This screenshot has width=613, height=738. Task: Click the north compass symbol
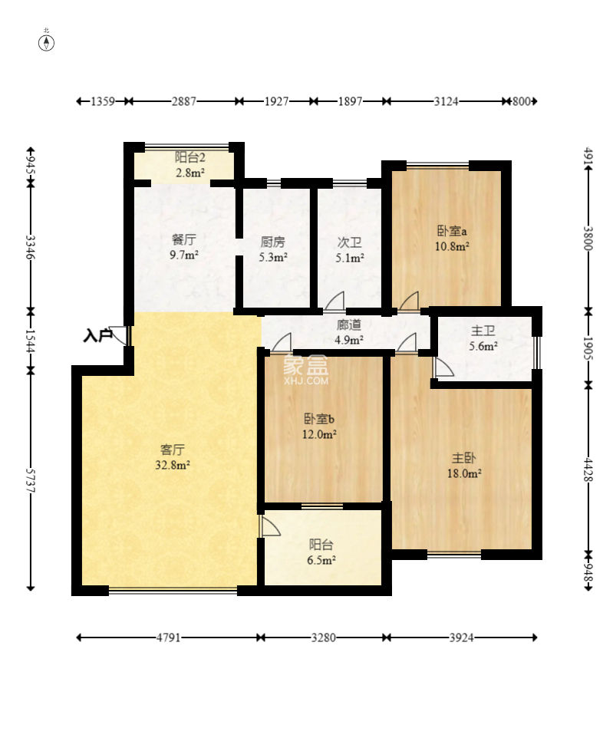coord(46,43)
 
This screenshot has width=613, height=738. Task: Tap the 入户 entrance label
coord(97,335)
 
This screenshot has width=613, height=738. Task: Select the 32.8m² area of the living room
coord(173,466)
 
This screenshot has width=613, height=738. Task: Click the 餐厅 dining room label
coord(183,239)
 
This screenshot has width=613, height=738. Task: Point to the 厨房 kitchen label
coord(272,242)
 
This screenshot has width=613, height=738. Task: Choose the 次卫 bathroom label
coord(349,242)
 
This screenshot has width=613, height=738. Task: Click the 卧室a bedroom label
coord(452,231)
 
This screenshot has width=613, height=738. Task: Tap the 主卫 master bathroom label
coord(483,331)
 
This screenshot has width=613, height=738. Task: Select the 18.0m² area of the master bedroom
coord(464,473)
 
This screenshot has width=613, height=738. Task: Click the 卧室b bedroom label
coord(319,418)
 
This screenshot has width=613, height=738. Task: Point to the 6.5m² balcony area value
coord(321,560)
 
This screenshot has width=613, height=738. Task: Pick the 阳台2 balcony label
coord(190,157)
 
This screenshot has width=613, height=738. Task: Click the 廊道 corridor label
coord(349,325)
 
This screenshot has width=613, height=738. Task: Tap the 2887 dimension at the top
coord(183,101)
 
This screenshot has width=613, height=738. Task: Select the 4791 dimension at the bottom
coord(169,638)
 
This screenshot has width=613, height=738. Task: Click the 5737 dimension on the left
coord(31,480)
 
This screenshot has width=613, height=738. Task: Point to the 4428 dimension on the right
coord(588,469)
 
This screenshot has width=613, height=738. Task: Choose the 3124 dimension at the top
coord(446,101)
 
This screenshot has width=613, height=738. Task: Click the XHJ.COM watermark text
coord(306,381)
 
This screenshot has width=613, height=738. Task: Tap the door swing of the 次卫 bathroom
coord(335,301)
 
